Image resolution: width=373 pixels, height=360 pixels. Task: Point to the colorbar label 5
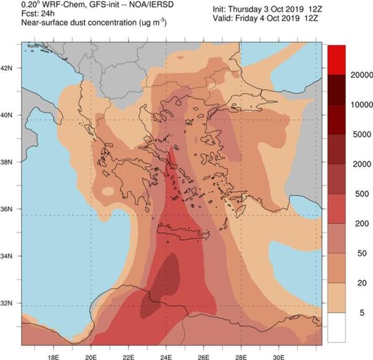click(x=362, y=313)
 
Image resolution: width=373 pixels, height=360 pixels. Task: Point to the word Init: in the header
click(x=222, y=9)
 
